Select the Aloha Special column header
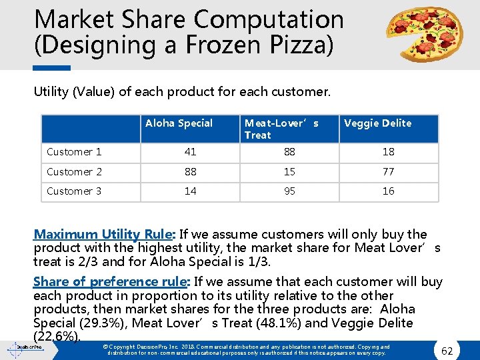179,123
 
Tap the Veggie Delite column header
378,123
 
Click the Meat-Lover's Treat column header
281,129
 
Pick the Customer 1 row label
74,152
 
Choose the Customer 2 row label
74,172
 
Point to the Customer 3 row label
74,191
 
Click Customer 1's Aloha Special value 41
190,152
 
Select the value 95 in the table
289,191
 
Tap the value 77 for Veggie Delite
388,172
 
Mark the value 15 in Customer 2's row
289,172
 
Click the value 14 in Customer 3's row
190,191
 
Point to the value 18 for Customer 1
388,152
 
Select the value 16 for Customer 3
388,191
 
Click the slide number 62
447,349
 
